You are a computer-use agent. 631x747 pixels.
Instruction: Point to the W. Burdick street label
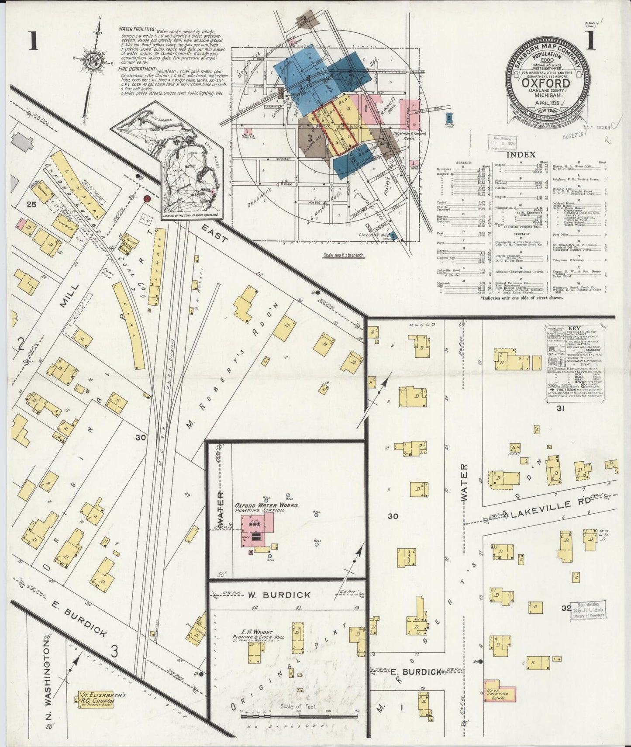274,595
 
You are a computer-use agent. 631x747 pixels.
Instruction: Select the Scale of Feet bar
300,714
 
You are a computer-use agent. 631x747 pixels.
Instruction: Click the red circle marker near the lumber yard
147,199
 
